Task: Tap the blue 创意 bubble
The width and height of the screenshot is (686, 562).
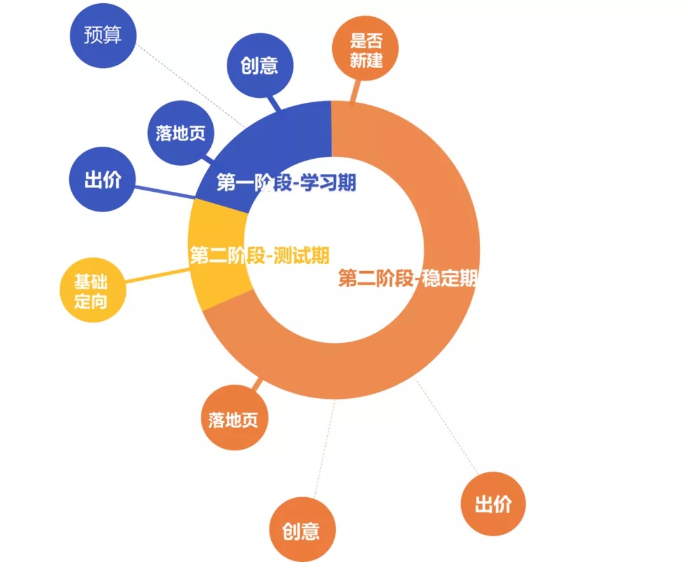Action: coord(260,65)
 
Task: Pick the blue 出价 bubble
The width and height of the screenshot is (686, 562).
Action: coord(102,180)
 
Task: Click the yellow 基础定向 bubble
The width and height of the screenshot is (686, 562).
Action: coord(92,291)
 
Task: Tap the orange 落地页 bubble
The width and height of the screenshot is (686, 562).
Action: coord(234,419)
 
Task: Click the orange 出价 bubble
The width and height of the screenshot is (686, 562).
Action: coord(493,504)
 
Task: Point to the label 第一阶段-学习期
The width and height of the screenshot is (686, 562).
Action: coord(286,183)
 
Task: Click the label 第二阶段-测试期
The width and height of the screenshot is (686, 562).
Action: coord(259,256)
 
